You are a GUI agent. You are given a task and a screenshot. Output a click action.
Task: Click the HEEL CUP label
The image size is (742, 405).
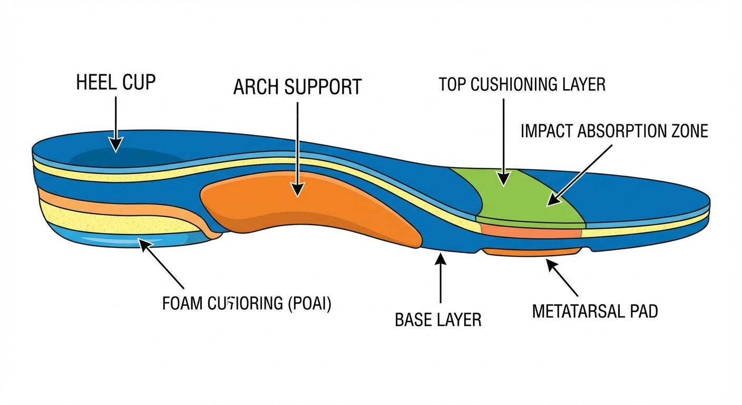[116, 82]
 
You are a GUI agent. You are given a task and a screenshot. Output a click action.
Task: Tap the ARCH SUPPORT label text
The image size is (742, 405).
[297, 87]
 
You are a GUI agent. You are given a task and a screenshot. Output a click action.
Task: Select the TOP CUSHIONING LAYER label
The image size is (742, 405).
[522, 84]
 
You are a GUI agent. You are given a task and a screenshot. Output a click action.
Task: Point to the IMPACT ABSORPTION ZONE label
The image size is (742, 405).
[614, 131]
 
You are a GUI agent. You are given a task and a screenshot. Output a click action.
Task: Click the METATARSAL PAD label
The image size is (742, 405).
[595, 311]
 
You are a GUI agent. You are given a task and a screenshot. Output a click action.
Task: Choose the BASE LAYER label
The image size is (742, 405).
[438, 320]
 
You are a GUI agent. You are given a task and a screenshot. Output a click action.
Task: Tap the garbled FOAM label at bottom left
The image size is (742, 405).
[247, 304]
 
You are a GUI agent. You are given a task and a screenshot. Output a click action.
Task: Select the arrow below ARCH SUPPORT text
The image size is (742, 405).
[298, 148]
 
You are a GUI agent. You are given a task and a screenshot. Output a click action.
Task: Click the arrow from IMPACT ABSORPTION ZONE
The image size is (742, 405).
[580, 174]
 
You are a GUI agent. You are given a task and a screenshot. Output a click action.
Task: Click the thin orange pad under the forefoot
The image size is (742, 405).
[532, 253]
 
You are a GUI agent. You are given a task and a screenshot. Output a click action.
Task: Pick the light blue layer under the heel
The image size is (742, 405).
[132, 240]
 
